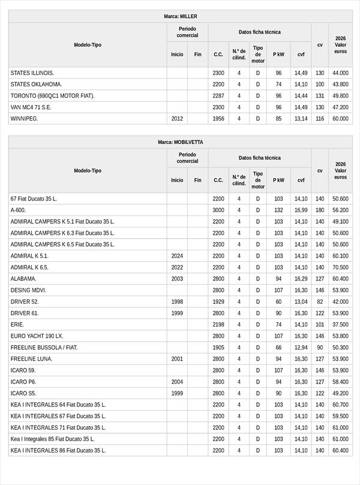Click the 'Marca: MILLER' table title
click(180, 16)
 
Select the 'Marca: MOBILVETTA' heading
click(180, 142)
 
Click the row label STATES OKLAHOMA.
click(36, 84)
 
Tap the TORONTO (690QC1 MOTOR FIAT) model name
click(52, 95)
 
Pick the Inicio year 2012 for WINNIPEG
click(177, 119)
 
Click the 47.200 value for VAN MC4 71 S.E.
click(340, 107)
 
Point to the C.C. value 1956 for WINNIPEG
click(218, 119)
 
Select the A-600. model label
click(18, 210)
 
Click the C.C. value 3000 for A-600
click(218, 210)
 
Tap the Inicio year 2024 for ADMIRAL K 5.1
click(177, 256)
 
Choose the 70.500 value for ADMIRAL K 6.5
click(340, 267)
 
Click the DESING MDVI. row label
click(28, 290)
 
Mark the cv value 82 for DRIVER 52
click(320, 301)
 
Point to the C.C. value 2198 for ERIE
click(218, 324)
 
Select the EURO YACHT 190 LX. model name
click(37, 336)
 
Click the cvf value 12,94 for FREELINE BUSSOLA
click(301, 347)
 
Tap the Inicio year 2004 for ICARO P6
click(177, 381)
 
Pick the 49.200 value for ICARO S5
click(340, 393)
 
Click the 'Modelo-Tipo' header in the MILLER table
click(88, 45)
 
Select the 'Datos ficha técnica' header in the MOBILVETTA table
click(259, 158)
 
